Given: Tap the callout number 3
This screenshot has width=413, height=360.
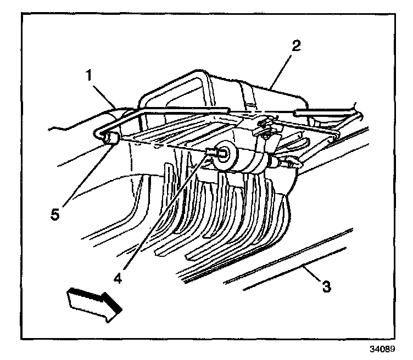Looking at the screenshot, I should point(327,286).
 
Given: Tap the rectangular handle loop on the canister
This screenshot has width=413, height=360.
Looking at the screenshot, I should point(181,88).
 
